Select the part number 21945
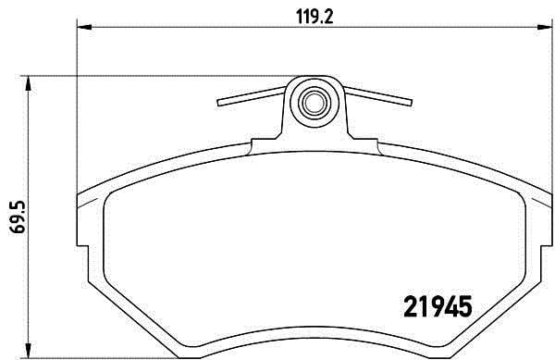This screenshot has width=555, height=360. click(439, 304)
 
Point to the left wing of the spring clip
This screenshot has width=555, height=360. click(251, 95)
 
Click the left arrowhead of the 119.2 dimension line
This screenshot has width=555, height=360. click(82, 29)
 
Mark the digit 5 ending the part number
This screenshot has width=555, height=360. click(465, 304)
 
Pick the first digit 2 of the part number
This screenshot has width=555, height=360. click(413, 304)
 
